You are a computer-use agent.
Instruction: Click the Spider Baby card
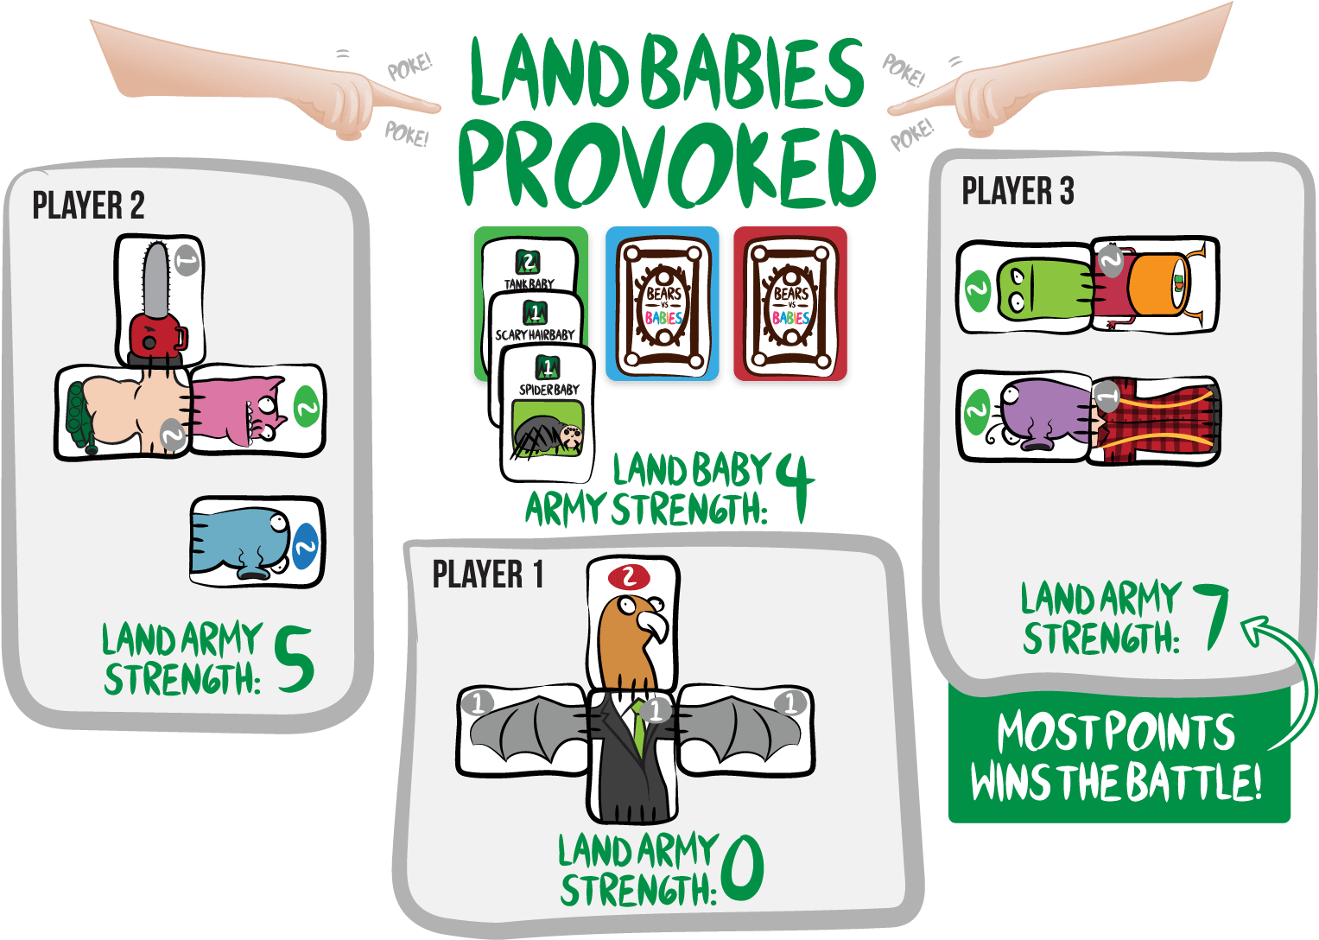(547, 414)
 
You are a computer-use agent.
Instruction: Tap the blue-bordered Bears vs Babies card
(663, 303)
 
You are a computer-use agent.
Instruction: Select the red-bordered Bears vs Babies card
(790, 303)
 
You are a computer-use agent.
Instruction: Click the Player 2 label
(88, 205)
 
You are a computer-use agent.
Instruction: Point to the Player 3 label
(1018, 190)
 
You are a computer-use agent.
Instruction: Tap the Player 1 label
(487, 574)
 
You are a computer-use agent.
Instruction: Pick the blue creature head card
(257, 542)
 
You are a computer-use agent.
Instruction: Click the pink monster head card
(257, 410)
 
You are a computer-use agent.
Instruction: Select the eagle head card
(633, 623)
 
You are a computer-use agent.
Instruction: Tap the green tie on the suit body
(638, 727)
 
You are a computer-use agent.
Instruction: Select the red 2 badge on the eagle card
(629, 576)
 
